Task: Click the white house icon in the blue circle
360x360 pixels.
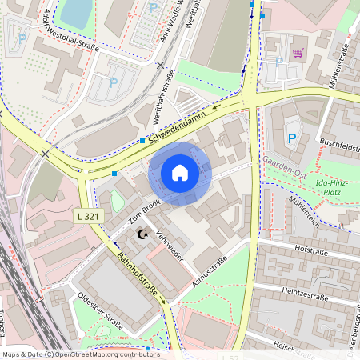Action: pyautogui.click(x=180, y=172)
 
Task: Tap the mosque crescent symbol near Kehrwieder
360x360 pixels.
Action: pyautogui.click(x=144, y=234)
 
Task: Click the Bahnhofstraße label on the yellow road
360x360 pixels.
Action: pyautogui.click(x=137, y=274)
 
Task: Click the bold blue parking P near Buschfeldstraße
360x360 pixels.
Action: pyautogui.click(x=292, y=139)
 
